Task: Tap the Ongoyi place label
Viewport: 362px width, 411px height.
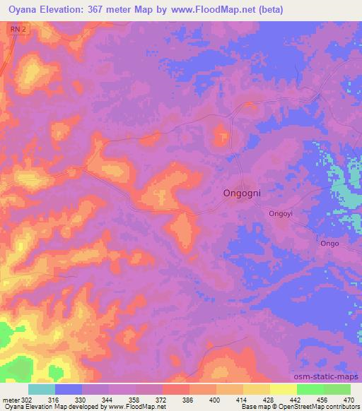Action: (x=283, y=213)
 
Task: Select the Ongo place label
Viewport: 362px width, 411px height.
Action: (x=329, y=244)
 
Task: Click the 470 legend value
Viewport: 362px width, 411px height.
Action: (x=349, y=400)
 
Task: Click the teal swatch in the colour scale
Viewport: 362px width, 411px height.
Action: (x=41, y=389)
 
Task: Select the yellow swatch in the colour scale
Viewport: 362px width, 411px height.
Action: (x=283, y=389)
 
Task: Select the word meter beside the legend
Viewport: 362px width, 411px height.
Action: (x=11, y=400)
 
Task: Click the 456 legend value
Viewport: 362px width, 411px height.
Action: (x=322, y=400)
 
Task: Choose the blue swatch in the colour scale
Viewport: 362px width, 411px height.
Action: (x=69, y=389)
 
